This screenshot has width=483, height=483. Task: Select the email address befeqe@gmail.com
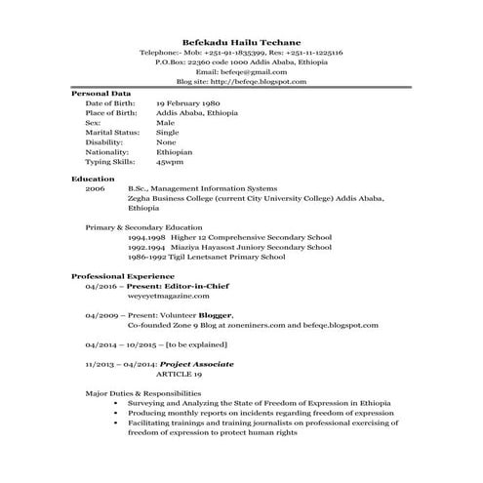pyautogui.click(x=241, y=71)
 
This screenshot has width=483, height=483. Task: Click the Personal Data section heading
pyautogui.click(x=101, y=93)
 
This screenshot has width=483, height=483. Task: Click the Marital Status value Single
pyautogui.click(x=168, y=133)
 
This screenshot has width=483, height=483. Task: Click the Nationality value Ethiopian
pyautogui.click(x=175, y=152)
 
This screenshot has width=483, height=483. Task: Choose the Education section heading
pyautogui.click(x=93, y=179)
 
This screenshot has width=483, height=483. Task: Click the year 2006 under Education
pyautogui.click(x=95, y=188)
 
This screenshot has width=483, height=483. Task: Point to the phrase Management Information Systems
pyautogui.click(x=215, y=188)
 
